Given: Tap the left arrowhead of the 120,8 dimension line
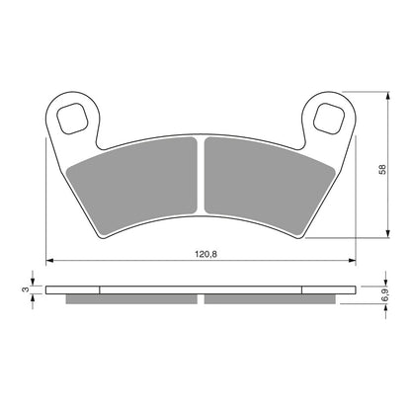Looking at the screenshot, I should pyautogui.click(x=50, y=261).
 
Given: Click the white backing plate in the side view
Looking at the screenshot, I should pyautogui.click(x=202, y=291).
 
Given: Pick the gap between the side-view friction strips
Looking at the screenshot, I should pyautogui.click(x=202, y=299).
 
